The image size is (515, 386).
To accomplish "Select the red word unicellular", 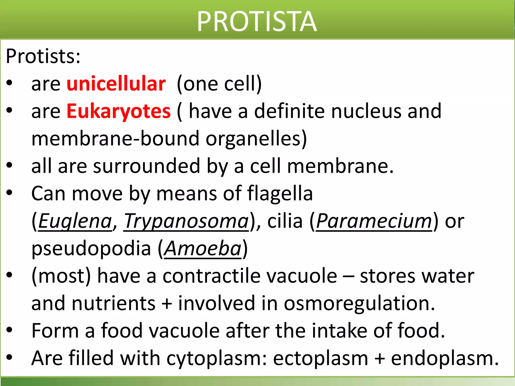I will (116, 84).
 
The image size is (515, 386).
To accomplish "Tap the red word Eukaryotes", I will (118, 111).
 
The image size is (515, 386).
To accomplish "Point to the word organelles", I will (256, 139).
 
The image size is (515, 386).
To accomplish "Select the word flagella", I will (280, 194).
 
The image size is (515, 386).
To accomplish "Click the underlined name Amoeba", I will (203, 249).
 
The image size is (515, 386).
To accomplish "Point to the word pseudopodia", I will (91, 249).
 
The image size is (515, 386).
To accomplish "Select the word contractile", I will (211, 276).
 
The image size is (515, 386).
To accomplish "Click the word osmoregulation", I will (359, 303).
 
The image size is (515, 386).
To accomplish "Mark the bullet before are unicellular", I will (10, 83).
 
